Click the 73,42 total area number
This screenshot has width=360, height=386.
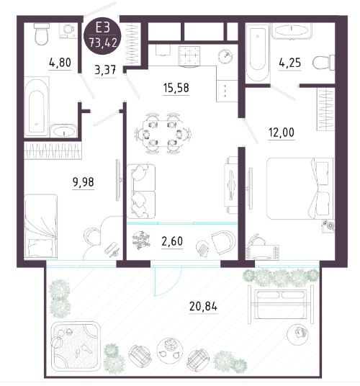pyautogui.click(x=103, y=42)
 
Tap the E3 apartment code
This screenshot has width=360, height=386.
pyautogui.click(x=102, y=27)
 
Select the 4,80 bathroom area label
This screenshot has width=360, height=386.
pyautogui.click(x=60, y=63)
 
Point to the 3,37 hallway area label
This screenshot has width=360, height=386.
pyautogui.click(x=105, y=70)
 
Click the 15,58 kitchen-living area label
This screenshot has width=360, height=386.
pyautogui.click(x=176, y=88)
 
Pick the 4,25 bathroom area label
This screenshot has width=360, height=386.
pyautogui.click(x=290, y=63)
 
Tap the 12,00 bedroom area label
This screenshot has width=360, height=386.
pyautogui.click(x=282, y=133)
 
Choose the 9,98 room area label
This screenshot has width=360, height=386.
pyautogui.click(x=84, y=182)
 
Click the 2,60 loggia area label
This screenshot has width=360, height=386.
pyautogui.click(x=172, y=241)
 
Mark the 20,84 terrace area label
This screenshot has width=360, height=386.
pyautogui.click(x=204, y=307)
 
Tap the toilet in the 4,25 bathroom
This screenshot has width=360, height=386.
pyautogui.click(x=323, y=63)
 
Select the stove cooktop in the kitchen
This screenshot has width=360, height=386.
pyautogui.click(x=189, y=56)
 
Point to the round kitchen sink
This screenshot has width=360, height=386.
pyautogui.click(x=225, y=55)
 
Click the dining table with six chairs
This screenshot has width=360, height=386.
pyautogui.click(x=163, y=133)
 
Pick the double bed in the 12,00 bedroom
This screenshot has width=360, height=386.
pyautogui.click(x=300, y=189)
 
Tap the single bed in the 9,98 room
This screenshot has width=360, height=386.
pyautogui.click(x=41, y=226)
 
